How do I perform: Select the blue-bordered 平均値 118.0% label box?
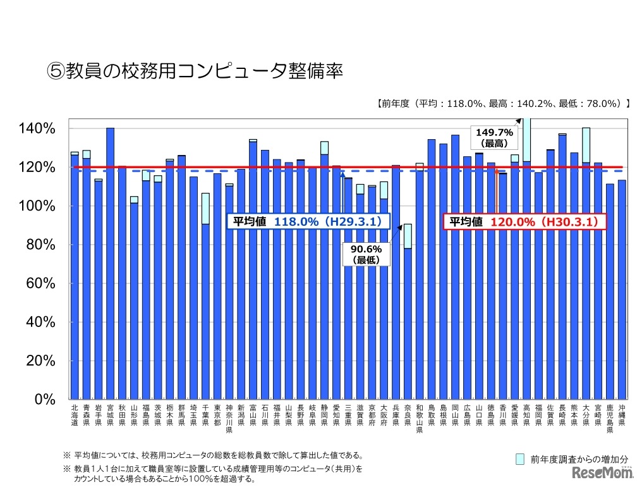coord(308,222)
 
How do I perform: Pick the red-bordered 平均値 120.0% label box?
coord(524,222)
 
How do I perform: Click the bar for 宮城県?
coord(110,266)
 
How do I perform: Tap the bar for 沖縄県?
coord(622,291)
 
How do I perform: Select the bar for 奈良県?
coord(408,323)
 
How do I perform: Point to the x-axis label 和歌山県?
coord(420,419)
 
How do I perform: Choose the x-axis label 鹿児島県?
coord(610,419)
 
